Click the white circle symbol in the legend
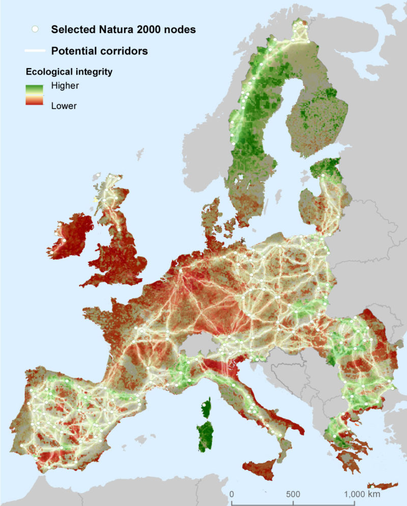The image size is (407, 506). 35,30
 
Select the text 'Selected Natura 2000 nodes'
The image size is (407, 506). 123,30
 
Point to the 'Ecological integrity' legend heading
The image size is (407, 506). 69,72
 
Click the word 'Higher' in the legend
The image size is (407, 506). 65,86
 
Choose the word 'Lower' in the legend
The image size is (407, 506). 64,106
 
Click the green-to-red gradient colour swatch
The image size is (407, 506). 35,96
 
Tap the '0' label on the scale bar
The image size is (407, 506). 231,494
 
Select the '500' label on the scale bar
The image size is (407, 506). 293,494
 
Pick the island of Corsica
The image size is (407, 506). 206,407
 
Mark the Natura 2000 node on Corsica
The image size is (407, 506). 205,405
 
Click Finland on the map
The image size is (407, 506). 315,117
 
